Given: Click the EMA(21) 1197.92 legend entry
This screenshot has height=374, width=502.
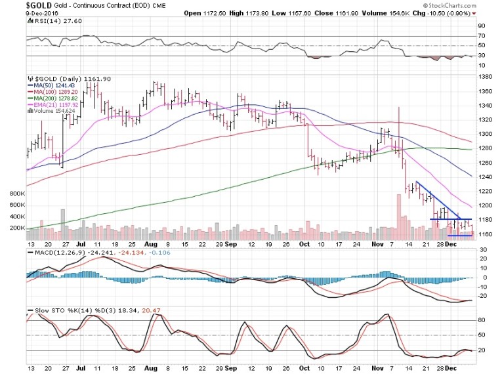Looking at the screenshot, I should (53, 104).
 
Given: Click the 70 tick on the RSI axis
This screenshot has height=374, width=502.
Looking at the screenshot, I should (482, 36).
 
